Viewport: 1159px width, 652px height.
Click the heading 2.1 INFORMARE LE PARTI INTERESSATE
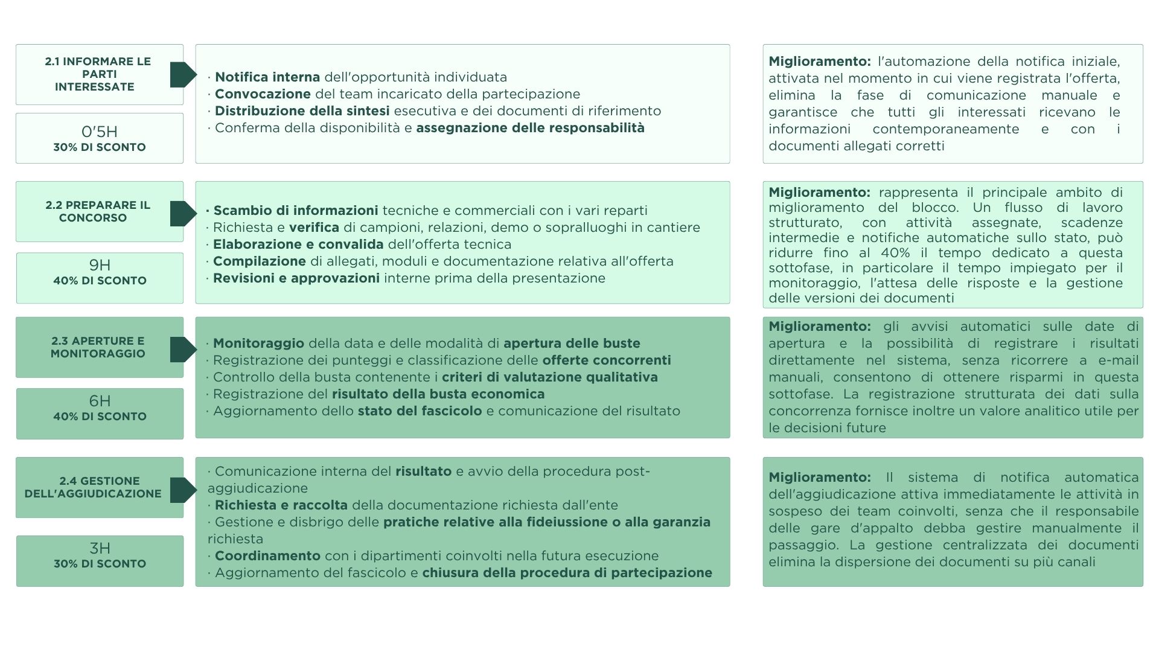(x=98, y=74)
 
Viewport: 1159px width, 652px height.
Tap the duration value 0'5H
(x=100, y=132)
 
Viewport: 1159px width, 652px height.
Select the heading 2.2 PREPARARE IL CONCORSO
(x=98, y=211)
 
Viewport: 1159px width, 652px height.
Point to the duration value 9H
(x=100, y=265)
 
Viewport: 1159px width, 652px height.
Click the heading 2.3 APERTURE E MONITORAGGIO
(x=98, y=347)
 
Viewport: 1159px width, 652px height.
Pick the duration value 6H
(x=100, y=401)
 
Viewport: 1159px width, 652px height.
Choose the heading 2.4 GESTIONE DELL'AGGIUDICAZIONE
(x=93, y=487)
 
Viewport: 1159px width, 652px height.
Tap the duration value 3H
(x=100, y=548)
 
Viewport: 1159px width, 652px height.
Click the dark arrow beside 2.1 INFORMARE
(x=183, y=74)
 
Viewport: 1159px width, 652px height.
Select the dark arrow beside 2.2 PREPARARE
(x=183, y=214)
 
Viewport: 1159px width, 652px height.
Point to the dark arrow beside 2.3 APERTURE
(x=183, y=350)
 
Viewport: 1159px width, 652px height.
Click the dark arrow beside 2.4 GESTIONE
(x=183, y=490)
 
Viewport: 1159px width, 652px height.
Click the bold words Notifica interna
(x=267, y=77)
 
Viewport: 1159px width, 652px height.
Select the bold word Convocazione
(x=263, y=94)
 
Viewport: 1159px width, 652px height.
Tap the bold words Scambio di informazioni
(x=295, y=211)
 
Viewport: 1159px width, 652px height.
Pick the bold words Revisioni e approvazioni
(x=296, y=278)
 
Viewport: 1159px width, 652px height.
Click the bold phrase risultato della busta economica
(x=438, y=394)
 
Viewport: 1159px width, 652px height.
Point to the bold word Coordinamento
(x=267, y=556)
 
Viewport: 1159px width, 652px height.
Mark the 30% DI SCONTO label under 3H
(x=100, y=564)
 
